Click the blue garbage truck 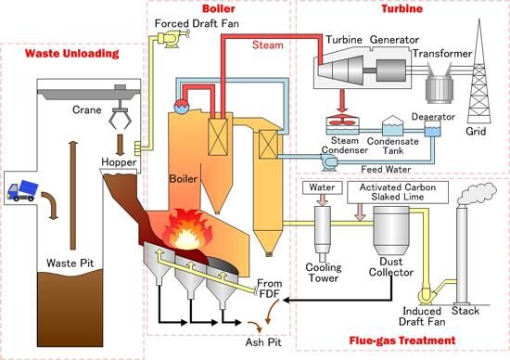(x=22, y=190)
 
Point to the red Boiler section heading (x=219, y=8)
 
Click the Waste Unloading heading (x=72, y=54)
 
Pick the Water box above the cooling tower (x=323, y=187)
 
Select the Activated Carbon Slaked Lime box (x=398, y=192)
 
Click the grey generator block (x=391, y=70)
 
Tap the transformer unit (x=440, y=84)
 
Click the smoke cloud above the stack (x=477, y=192)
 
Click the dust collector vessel (x=390, y=230)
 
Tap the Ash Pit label (x=263, y=342)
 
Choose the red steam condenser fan (x=342, y=122)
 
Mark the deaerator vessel (x=433, y=129)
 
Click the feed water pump (x=328, y=162)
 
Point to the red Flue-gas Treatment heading (x=402, y=341)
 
